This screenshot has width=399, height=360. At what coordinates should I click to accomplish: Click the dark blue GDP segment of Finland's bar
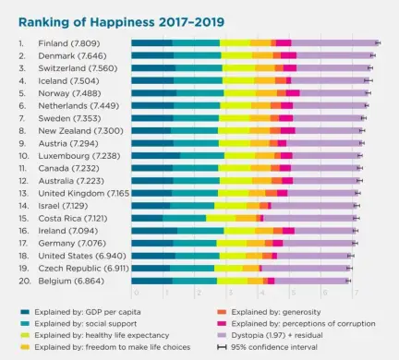(x=151, y=42)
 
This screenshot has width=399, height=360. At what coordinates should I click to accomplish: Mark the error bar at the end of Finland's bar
(x=378, y=42)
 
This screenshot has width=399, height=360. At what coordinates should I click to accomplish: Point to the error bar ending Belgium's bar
(x=348, y=280)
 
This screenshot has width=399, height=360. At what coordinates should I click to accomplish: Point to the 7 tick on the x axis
(x=355, y=293)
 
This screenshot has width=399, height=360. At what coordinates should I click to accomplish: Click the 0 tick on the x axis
(x=135, y=293)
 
